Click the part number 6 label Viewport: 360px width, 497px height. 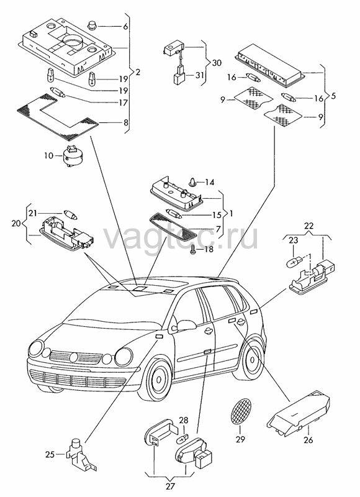tap(125, 27)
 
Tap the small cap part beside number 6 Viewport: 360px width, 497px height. tap(91, 25)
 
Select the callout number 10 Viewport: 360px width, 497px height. tap(49, 156)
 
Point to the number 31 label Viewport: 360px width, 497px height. tap(199, 75)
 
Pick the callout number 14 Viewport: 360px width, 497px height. tap(209, 182)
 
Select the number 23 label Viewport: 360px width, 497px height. tap(293, 240)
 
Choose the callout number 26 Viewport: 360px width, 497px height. tap(308, 440)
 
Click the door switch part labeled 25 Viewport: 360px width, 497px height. tap(80, 455)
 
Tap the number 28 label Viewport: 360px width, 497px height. tap(184, 421)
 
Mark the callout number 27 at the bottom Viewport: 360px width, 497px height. tap(170, 486)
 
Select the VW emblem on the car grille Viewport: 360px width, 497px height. tap(73, 357)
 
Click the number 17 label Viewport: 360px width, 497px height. tap(123, 103)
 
